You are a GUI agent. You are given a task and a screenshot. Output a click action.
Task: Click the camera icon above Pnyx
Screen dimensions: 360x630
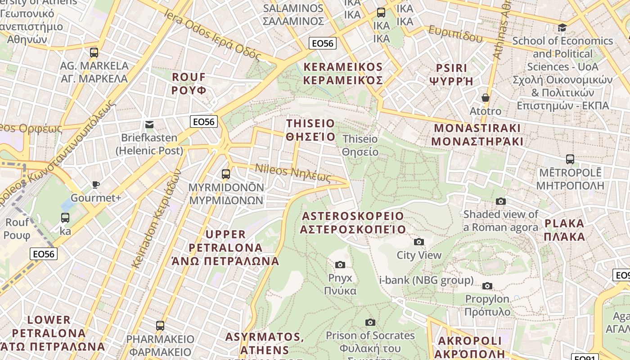click(x=340, y=265)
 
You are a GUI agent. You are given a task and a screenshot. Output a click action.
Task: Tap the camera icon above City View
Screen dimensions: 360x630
click(x=419, y=242)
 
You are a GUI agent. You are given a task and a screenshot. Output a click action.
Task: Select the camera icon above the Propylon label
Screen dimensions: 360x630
click(x=487, y=286)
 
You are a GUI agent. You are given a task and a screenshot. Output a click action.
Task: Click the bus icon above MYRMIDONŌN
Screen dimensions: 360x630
click(x=226, y=174)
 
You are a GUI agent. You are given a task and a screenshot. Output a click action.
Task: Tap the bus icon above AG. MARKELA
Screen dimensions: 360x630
click(x=94, y=53)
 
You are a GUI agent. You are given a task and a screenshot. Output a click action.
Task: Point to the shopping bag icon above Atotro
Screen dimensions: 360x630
click(x=485, y=98)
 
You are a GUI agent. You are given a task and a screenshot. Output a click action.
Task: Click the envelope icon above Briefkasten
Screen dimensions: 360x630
click(x=149, y=125)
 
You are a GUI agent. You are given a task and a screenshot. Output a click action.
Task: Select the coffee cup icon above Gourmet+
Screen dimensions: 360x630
click(x=95, y=184)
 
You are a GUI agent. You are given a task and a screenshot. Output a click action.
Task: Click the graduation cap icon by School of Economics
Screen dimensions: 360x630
click(x=562, y=28)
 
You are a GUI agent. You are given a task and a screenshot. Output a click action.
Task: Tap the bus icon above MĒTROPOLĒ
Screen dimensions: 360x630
click(x=570, y=159)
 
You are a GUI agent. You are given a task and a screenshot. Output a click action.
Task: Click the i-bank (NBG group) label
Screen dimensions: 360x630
click(x=426, y=280)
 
